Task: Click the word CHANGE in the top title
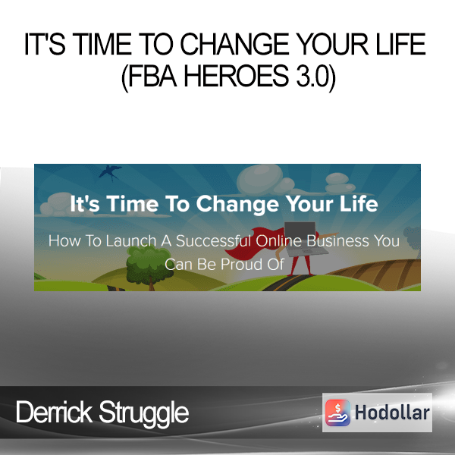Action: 234,44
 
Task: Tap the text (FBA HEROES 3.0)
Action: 228,77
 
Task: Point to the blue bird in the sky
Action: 110,171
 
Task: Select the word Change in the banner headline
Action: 237,204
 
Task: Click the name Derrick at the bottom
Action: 54,412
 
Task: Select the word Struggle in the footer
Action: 143,413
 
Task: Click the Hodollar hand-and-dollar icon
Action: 337,413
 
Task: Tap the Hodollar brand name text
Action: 392,413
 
